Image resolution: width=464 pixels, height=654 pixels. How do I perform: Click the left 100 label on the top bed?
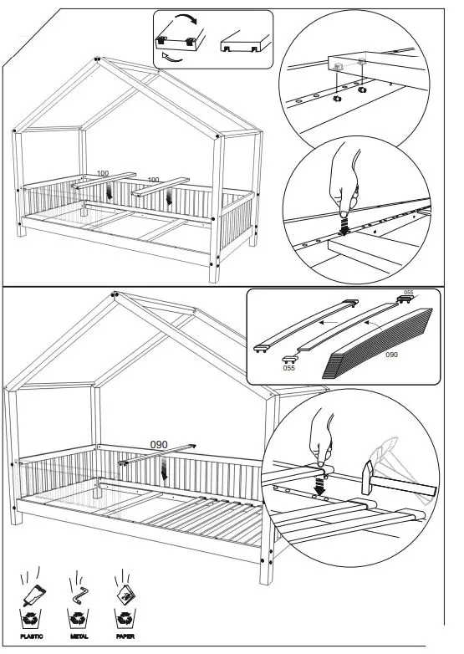[103, 173]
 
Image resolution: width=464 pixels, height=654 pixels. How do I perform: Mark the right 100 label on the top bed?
[153, 180]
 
